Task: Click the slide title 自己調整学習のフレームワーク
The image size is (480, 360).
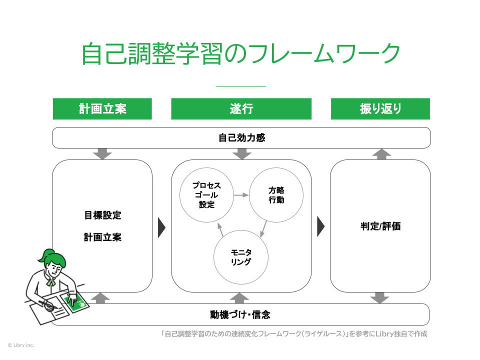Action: tap(240, 53)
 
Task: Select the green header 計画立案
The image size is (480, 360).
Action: tap(102, 109)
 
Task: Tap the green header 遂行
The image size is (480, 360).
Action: tap(241, 109)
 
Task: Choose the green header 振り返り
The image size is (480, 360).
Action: tap(380, 109)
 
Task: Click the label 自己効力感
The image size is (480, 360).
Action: tap(241, 138)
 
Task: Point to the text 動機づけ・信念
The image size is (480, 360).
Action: tap(240, 315)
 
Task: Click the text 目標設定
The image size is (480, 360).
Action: tap(102, 216)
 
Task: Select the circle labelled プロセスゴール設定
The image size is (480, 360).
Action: tap(207, 195)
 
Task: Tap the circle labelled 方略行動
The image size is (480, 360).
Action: tap(276, 195)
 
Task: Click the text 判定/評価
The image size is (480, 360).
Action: tap(380, 226)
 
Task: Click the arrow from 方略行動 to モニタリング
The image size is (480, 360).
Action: tap(263, 229)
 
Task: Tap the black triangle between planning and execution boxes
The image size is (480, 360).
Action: tap(161, 227)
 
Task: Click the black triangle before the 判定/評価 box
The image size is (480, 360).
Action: tap(320, 227)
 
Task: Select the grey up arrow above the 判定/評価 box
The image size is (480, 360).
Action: tap(381, 154)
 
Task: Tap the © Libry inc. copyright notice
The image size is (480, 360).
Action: tap(21, 345)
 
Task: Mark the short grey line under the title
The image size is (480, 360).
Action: tap(240, 86)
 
